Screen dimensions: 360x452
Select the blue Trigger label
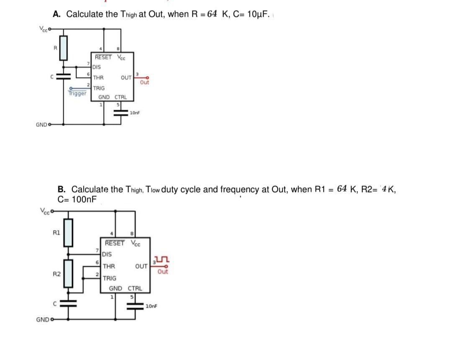[x=77, y=93]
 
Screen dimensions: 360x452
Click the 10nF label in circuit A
[x=135, y=113]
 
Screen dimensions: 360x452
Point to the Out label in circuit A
[x=144, y=82]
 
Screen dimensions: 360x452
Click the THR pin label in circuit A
[x=99, y=77]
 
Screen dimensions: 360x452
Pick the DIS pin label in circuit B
[x=107, y=254]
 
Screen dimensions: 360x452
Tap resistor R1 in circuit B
[x=70, y=232]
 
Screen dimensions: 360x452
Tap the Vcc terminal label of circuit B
[x=45, y=211]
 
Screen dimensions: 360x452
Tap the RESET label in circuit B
[x=115, y=243]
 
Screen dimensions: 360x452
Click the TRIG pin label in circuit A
[x=99, y=88]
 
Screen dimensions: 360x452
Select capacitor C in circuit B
[x=70, y=304]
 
